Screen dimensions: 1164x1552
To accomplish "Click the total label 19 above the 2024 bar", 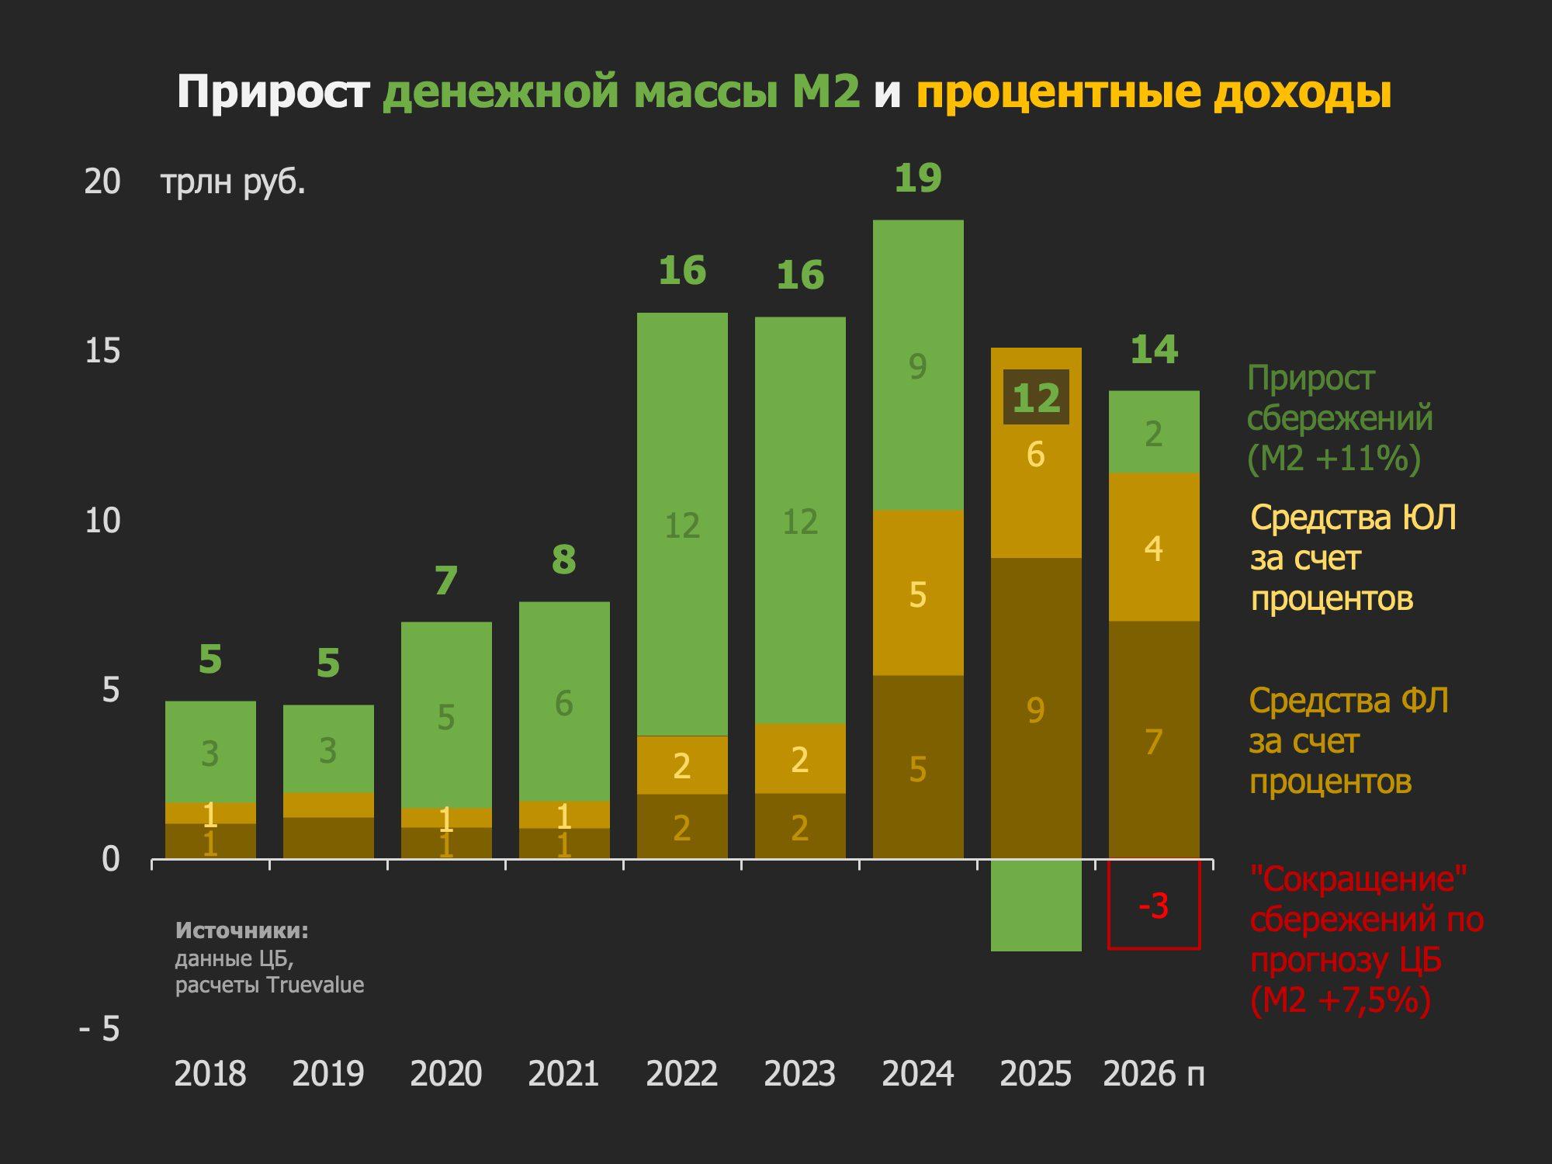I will point(917,178).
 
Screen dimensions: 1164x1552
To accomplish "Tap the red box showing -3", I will point(1153,905).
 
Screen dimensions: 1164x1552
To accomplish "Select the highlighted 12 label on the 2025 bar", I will point(1036,397).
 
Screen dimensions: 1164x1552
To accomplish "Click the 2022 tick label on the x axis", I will point(681,1074).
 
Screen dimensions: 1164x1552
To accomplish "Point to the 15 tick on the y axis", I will point(102,352).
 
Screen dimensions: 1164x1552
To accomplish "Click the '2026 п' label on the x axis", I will point(1153,1074).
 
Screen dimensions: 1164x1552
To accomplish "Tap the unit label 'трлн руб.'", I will point(233,182).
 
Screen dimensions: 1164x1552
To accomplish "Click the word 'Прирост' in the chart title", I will point(272,92).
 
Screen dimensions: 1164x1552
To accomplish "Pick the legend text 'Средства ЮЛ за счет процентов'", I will point(1353,557).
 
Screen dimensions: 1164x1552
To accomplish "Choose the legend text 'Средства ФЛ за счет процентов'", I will point(1349,740).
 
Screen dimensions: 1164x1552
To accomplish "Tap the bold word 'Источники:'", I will point(241,930).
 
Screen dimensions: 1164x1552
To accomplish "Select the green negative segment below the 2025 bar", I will point(1036,905).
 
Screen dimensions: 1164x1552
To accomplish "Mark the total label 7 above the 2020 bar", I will point(445,580).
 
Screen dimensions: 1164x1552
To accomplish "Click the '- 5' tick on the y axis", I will point(100,1029).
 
